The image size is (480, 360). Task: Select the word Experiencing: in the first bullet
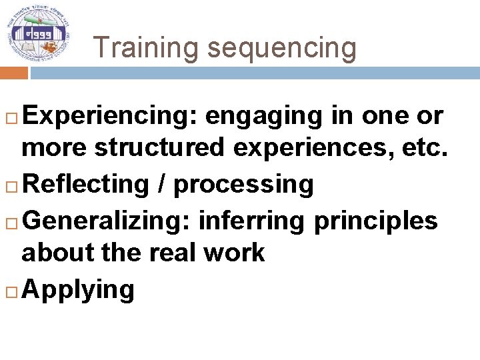pyautogui.click(x=110, y=116)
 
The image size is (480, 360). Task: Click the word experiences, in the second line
pyautogui.click(x=315, y=148)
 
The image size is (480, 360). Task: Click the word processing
pyautogui.click(x=243, y=185)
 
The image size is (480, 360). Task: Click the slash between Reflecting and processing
pyautogui.click(x=162, y=185)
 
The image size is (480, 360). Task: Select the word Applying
pyautogui.click(x=78, y=290)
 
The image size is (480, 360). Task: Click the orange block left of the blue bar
pyautogui.click(x=13, y=73)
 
